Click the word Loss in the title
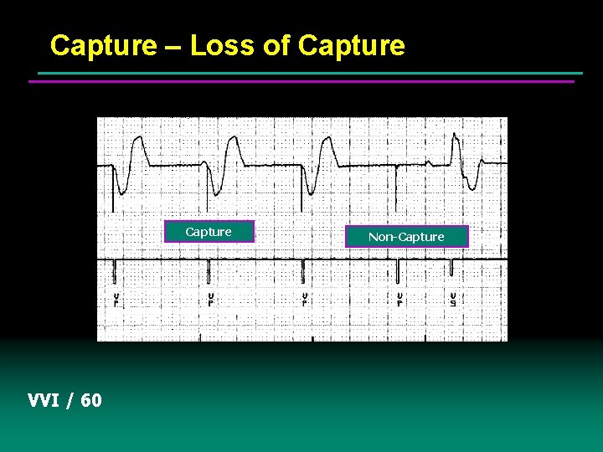pyautogui.click(x=223, y=45)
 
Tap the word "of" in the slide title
pyautogui.click(x=277, y=45)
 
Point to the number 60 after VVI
pyautogui.click(x=91, y=400)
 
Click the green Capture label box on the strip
pyautogui.click(x=209, y=232)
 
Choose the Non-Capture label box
pyautogui.click(x=406, y=237)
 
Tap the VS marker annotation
pyautogui.click(x=453, y=299)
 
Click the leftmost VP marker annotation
pyautogui.click(x=116, y=299)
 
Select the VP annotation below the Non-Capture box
pyautogui.click(x=400, y=299)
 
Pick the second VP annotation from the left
pyautogui.click(x=210, y=299)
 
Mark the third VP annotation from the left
pyautogui.click(x=304, y=299)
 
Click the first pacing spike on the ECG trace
pyautogui.click(x=113, y=188)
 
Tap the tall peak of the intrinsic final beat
pyautogui.click(x=455, y=136)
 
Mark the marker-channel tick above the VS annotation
pyautogui.click(x=451, y=268)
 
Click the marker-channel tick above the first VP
pyautogui.click(x=114, y=270)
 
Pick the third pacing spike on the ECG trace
pyautogui.click(x=302, y=188)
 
